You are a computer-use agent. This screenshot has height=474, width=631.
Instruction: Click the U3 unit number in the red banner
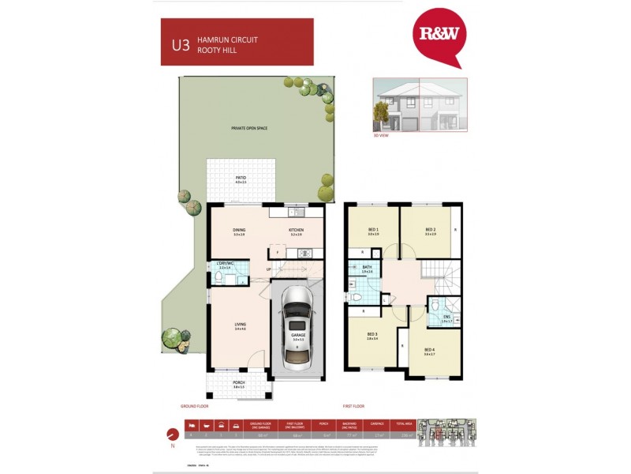click(181, 44)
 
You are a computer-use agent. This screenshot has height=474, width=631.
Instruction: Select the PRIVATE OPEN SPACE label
click(249, 127)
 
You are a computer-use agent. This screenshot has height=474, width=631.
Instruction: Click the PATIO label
click(241, 179)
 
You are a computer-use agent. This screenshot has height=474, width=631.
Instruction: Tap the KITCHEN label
click(296, 231)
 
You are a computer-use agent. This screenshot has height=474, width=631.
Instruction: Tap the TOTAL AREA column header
click(405, 423)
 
